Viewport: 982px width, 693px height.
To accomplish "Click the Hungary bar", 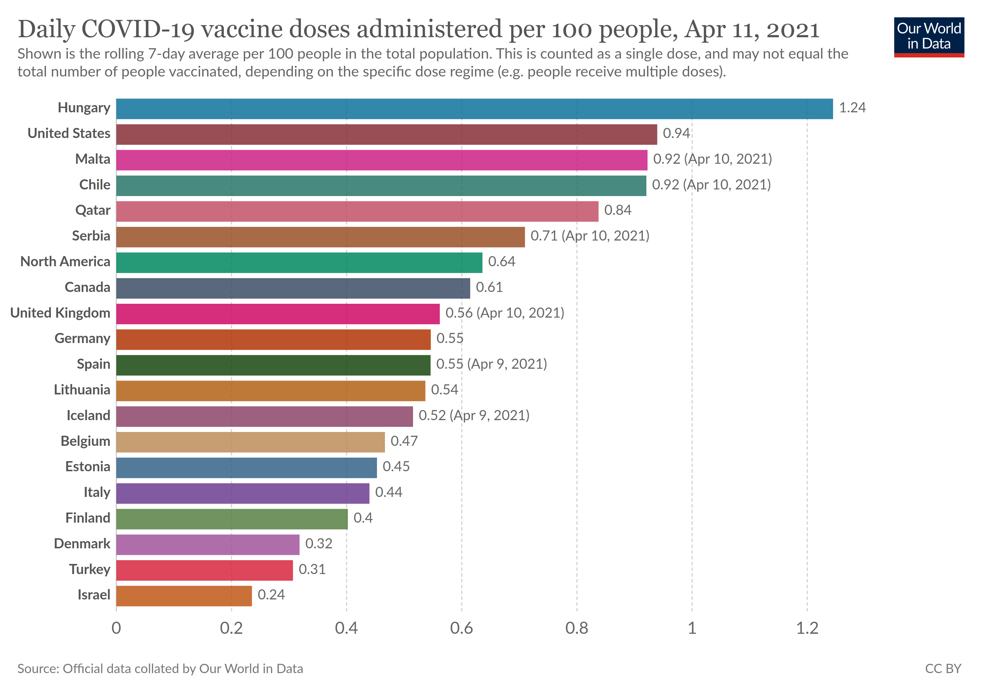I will (x=474, y=109).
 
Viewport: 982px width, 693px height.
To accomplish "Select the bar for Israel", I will (x=184, y=596).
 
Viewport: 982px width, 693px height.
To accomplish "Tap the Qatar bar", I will (x=357, y=212).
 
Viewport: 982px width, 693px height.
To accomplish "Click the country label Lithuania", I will (x=82, y=390).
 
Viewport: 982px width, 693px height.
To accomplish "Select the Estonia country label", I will (x=88, y=466).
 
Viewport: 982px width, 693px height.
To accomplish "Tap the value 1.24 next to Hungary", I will (x=852, y=108).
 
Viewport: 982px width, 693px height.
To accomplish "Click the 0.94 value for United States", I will (x=676, y=133).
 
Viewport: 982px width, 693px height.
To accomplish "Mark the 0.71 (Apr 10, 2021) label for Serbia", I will (x=590, y=236).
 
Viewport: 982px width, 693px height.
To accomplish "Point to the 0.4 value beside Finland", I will (x=363, y=518).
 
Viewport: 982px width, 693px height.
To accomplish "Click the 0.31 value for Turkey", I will (x=312, y=569).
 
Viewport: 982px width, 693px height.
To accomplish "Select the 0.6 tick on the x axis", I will (x=462, y=628).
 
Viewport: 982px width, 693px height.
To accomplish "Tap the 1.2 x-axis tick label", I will (x=807, y=628).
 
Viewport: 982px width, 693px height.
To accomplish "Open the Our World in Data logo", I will (x=929, y=37).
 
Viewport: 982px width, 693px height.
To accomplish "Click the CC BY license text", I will (x=943, y=669).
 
